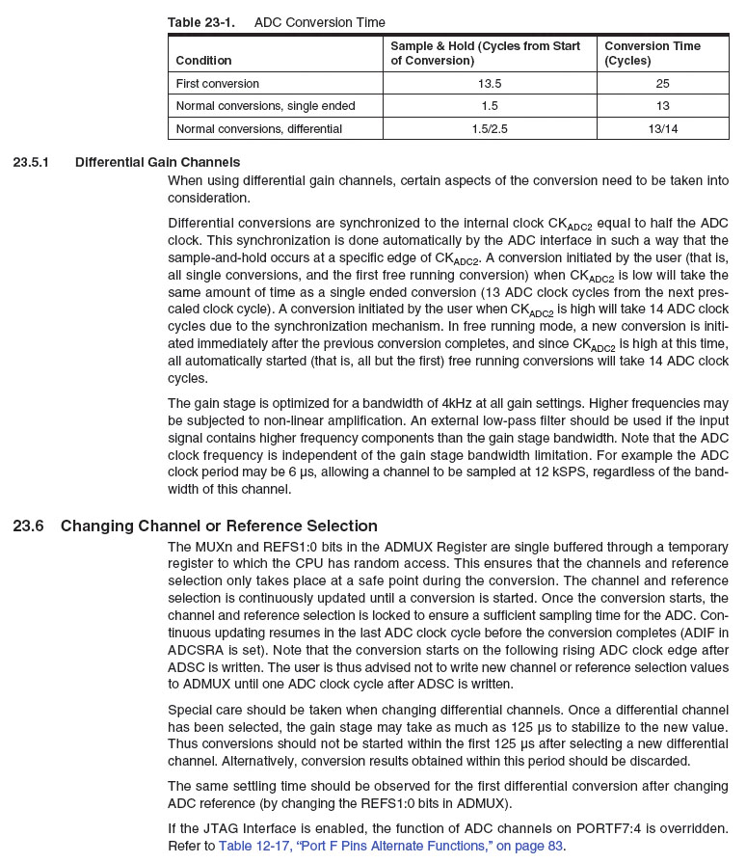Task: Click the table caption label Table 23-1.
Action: point(200,22)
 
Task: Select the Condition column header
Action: point(203,60)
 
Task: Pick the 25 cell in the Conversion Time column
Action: point(662,83)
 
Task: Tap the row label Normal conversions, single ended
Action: point(265,105)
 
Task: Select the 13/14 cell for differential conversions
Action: point(662,128)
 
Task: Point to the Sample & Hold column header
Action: point(485,53)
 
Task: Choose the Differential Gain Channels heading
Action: point(157,162)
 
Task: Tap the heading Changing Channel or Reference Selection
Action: point(219,526)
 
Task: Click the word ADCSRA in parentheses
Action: point(191,650)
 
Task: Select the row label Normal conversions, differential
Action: point(258,128)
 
